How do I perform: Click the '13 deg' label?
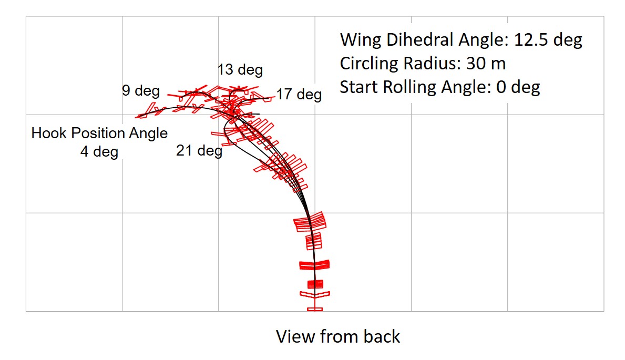click(x=240, y=70)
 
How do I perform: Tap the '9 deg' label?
click(x=141, y=91)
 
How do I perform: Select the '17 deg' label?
click(x=299, y=95)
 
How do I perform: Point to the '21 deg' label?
click(x=199, y=151)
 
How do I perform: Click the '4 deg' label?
click(x=99, y=152)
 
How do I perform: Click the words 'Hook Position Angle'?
click(x=99, y=133)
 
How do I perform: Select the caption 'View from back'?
click(x=338, y=336)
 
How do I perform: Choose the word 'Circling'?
click(x=368, y=64)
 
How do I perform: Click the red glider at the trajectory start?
click(x=314, y=308)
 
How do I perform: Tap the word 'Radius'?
click(x=425, y=64)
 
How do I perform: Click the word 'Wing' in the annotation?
click(x=358, y=40)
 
